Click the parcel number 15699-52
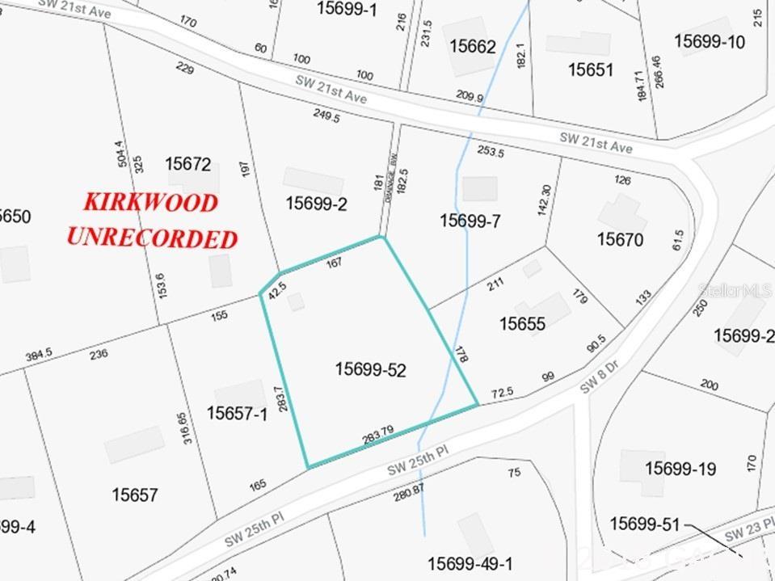coord(370,370)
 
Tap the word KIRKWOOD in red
coord(152,202)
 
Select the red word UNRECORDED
coord(152,238)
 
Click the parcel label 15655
coord(522,324)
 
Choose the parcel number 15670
coord(620,239)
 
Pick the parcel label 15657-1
coord(237,414)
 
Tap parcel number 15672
coord(188,164)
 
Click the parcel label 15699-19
coord(680,468)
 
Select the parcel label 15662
coord(473,46)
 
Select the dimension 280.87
coord(409,490)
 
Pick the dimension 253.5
coord(491,151)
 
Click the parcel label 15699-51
coord(645,524)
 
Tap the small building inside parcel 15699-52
coord(297,301)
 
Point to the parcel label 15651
coord(591,69)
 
